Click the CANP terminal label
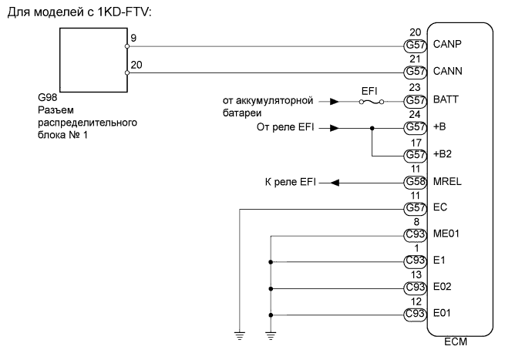(448, 45)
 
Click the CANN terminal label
(448, 72)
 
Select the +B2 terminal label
(444, 155)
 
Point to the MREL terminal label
(448, 183)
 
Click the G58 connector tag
(416, 183)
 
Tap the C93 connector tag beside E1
(416, 261)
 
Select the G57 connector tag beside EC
(416, 208)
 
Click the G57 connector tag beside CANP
(416, 45)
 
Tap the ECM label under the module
(456, 345)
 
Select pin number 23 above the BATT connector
(414, 87)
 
